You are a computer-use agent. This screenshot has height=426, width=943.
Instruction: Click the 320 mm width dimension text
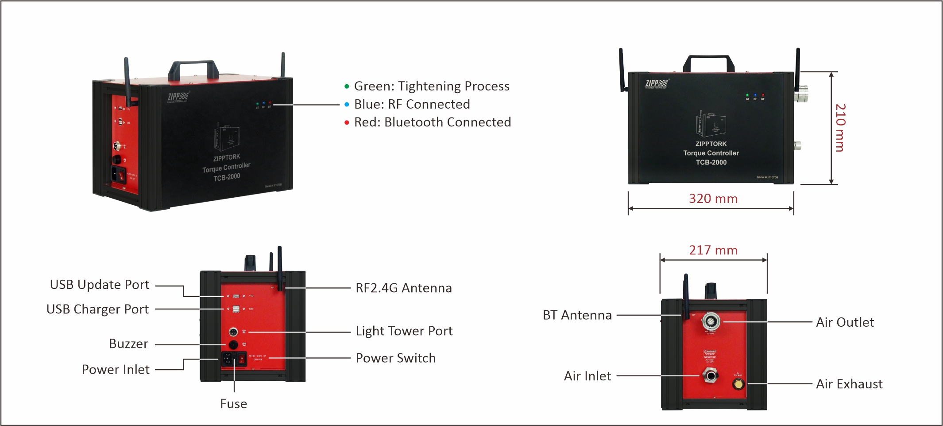pos(713,199)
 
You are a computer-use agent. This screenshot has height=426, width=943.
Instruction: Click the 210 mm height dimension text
pos(840,128)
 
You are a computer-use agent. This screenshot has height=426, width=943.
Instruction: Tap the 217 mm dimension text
pos(713,250)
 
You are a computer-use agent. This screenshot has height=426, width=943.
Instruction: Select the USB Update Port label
pos(100,285)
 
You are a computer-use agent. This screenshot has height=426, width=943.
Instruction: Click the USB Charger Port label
pos(97,309)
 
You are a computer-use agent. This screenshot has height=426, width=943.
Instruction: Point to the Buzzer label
pos(128,344)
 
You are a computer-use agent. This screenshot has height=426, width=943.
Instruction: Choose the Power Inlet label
pos(116,370)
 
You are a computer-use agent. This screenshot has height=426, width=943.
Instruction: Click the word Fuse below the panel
pos(233,404)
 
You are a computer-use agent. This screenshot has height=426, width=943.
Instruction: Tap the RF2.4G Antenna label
pos(403,288)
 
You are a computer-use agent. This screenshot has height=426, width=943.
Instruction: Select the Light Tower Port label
pos(404,331)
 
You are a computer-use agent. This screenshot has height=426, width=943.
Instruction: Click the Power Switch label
pos(395,358)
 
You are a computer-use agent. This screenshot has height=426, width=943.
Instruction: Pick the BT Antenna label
pos(577,315)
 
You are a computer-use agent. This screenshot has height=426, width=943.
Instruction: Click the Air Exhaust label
pos(849,384)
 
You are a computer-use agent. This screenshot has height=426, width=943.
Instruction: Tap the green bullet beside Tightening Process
pos(347,86)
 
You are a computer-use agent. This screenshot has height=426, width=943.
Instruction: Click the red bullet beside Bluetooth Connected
pos(347,123)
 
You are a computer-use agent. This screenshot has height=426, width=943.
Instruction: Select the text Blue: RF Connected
pos(412,104)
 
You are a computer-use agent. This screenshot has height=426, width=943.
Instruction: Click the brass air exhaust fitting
pos(738,384)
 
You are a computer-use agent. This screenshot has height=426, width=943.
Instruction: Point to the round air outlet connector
pos(711,321)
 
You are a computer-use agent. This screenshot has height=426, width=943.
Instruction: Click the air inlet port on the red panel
pos(711,376)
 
